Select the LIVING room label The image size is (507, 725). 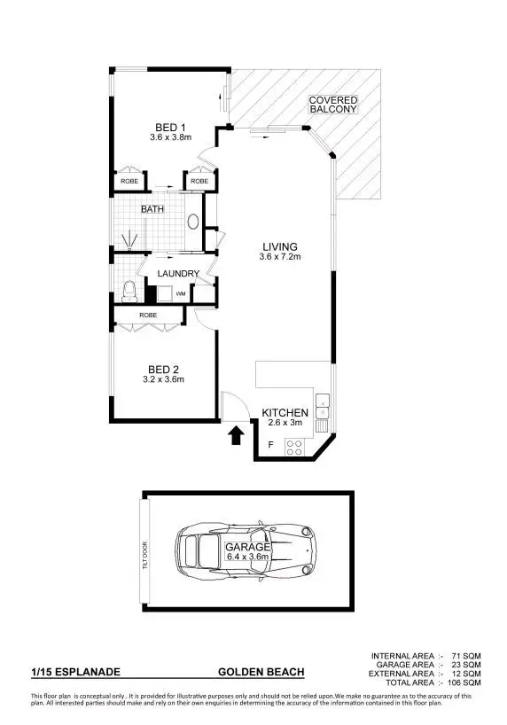tap(278, 246)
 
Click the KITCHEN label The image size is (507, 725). tap(285, 413)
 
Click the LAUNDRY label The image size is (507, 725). tap(178, 274)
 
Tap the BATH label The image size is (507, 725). tap(152, 210)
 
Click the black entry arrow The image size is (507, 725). tap(237, 436)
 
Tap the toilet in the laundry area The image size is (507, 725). tap(129, 290)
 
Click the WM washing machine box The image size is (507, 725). tap(180, 293)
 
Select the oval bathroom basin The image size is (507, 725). tap(192, 222)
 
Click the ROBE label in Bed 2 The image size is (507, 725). tap(149, 315)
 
